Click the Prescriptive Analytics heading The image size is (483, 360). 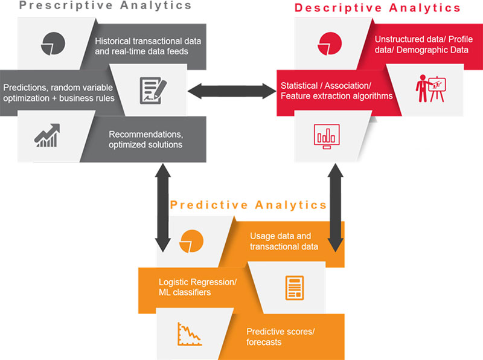(x=105, y=5)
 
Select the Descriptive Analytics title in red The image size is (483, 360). (x=377, y=8)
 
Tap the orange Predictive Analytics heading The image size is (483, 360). (x=248, y=205)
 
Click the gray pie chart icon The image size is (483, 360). (x=53, y=43)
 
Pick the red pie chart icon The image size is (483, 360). (x=330, y=43)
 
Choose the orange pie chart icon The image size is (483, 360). (x=191, y=241)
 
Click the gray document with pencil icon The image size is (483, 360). (x=153, y=91)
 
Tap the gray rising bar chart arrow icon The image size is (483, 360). (x=47, y=135)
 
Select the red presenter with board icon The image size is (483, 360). (x=430, y=89)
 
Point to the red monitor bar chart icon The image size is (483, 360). (x=327, y=137)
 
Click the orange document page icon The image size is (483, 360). (x=295, y=288)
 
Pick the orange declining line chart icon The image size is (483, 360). (x=190, y=334)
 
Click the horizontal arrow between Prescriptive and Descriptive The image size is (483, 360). (x=232, y=91)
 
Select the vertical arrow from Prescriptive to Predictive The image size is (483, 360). (x=163, y=208)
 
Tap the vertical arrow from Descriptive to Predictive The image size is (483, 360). (x=336, y=208)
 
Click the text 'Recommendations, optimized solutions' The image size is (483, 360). (x=146, y=140)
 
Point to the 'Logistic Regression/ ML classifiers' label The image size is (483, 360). (x=198, y=287)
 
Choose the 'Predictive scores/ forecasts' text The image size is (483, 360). (x=281, y=336)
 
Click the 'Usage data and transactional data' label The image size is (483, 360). (x=284, y=241)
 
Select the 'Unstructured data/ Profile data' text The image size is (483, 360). (x=424, y=44)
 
